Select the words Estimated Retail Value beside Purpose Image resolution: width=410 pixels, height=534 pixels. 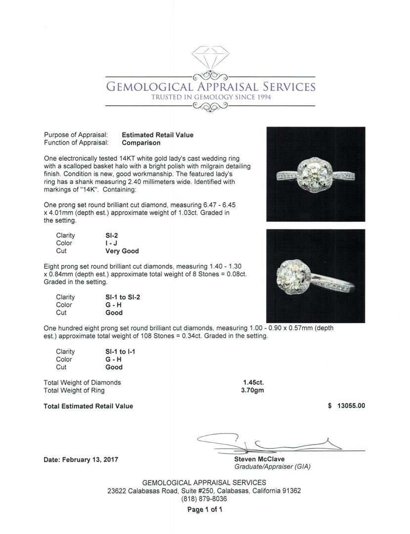[x=157, y=135]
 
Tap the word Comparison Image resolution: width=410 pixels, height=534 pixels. [x=141, y=143]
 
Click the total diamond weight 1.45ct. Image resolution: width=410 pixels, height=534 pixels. [x=253, y=382]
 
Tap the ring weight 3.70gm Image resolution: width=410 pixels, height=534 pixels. [x=252, y=390]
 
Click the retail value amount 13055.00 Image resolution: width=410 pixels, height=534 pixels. [x=351, y=406]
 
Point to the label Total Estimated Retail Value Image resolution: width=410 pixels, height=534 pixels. [x=88, y=406]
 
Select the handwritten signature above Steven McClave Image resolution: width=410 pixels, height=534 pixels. [x=267, y=442]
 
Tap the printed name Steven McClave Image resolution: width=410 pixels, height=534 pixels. [x=259, y=459]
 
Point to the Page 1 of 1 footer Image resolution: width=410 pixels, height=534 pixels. [x=204, y=510]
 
